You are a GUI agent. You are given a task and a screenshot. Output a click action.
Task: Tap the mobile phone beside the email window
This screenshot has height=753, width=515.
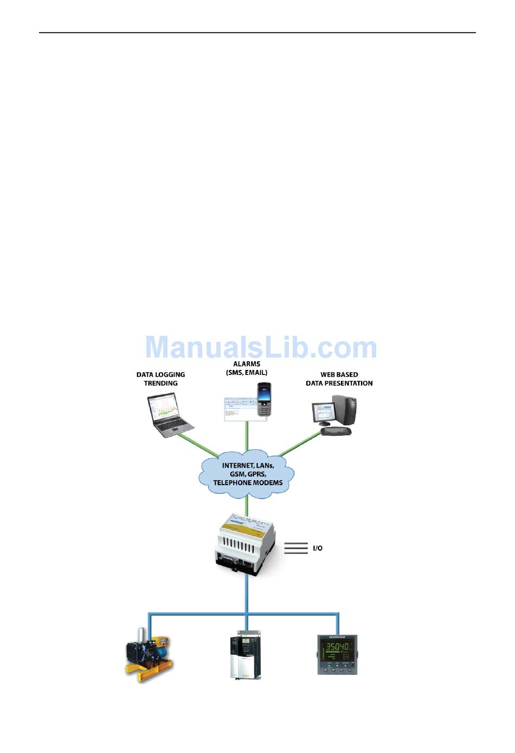(264, 400)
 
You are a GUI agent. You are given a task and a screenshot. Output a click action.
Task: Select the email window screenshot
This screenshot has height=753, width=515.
(239, 409)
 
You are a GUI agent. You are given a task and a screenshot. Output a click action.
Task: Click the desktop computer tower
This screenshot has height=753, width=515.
(345, 410)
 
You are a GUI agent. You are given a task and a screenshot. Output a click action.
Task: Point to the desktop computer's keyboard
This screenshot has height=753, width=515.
(336, 431)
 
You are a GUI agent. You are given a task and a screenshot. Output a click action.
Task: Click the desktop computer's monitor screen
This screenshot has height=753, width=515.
(323, 414)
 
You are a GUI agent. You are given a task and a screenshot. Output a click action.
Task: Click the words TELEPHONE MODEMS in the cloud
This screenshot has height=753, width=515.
(248, 483)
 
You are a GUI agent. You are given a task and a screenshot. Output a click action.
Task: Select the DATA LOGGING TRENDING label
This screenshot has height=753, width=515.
(160, 379)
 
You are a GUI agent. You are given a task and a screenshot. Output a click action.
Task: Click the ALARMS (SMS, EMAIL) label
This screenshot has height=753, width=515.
(247, 368)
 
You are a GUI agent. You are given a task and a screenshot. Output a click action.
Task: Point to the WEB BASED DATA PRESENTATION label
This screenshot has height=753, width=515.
(339, 379)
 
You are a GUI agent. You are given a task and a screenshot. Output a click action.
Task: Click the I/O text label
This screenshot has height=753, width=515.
(318, 548)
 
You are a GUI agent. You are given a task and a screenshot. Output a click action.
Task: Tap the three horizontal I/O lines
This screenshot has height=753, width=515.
(295, 548)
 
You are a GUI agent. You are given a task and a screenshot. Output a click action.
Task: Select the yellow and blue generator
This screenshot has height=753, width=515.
(147, 656)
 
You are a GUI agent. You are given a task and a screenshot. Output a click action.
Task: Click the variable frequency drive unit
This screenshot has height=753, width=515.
(246, 655)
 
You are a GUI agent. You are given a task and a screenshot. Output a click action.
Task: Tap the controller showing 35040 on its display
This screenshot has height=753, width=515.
(337, 654)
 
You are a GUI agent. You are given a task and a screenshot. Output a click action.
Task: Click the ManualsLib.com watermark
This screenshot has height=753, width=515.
(261, 347)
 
